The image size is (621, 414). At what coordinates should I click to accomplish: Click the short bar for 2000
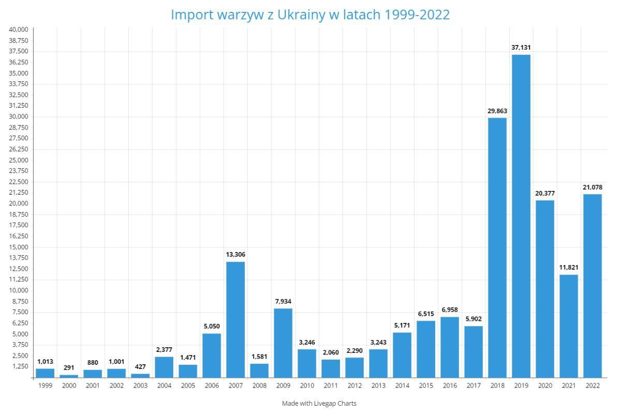69,376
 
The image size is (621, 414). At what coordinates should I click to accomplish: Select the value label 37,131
521,48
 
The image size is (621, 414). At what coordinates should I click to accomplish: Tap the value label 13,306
235,255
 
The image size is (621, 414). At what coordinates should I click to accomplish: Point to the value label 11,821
568,268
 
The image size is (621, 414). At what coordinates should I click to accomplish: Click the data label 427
140,367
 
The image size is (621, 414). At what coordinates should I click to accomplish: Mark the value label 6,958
449,310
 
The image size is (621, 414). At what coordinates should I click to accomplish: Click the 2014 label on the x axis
402,386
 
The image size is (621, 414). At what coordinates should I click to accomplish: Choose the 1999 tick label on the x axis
45,386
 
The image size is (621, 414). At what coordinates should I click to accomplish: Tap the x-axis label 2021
568,386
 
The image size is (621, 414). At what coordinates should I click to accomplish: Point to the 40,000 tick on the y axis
19,29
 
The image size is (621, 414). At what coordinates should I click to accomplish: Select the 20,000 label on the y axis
19,203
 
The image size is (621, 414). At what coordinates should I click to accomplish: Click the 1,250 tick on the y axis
20,366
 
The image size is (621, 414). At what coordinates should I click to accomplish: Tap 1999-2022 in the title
416,14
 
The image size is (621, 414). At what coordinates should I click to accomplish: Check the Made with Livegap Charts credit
319,403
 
